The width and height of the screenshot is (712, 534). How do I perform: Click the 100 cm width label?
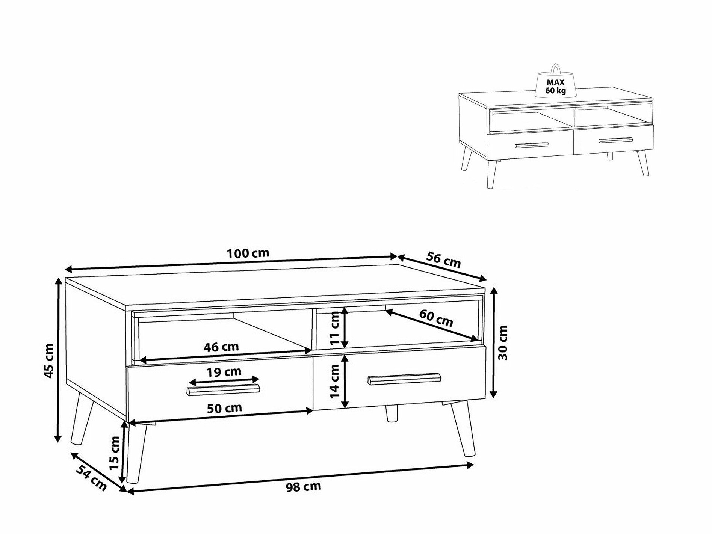point(248,253)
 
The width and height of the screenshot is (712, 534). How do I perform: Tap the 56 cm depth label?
point(443,259)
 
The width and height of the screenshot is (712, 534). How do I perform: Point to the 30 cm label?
point(503,343)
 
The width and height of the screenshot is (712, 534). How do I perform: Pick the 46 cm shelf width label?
point(221,346)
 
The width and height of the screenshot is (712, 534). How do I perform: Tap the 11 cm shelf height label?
point(335,329)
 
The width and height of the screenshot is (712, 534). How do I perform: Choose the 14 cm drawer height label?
point(335,382)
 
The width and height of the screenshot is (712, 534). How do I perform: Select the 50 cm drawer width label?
point(225,407)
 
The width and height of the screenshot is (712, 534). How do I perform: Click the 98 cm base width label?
point(303,487)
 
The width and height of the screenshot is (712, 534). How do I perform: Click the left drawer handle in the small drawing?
point(532,145)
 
